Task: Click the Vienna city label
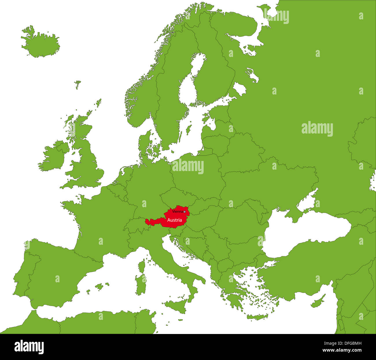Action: (x=177, y=212)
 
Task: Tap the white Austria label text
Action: (x=175, y=220)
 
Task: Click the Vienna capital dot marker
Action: (x=185, y=212)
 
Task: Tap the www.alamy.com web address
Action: (x=342, y=350)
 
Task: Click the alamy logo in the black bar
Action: (x=29, y=347)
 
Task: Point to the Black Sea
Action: (x=307, y=231)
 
